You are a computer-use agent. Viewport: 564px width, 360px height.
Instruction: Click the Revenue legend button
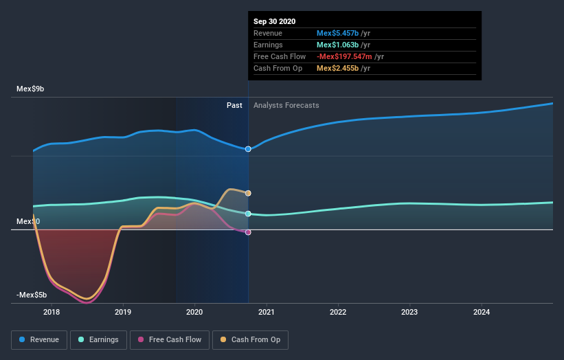coord(38,339)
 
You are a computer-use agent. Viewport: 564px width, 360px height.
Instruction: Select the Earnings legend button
coord(98,339)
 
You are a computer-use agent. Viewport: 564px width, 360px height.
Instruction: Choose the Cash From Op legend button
coord(250,339)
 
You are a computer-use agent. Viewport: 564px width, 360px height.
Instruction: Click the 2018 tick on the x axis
coord(52,312)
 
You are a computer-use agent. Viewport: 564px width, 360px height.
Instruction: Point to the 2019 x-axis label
coord(123,312)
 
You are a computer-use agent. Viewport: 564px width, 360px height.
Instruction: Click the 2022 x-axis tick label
coord(338,312)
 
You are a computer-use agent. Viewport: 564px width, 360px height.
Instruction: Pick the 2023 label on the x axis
coord(409,312)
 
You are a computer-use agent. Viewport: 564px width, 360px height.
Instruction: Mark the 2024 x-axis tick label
coord(482,312)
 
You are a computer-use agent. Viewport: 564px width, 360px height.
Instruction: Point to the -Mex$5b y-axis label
coord(32,295)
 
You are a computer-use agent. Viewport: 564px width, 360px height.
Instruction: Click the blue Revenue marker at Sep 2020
coord(248,149)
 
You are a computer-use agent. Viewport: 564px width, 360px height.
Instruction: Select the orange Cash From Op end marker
coord(248,193)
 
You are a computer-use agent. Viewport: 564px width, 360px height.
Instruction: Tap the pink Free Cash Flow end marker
coord(248,232)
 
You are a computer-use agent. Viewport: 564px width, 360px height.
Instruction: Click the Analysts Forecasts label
coord(286,105)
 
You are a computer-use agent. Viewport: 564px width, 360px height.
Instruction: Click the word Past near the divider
coord(234,105)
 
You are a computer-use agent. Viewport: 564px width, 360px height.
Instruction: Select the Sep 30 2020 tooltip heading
coord(274,21)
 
